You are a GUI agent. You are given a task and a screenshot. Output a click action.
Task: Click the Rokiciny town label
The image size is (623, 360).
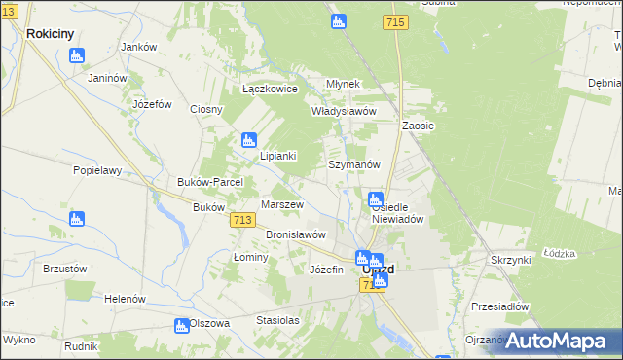click(x=51, y=33)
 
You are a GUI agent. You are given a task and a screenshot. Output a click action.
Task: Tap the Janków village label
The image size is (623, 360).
click(x=138, y=47)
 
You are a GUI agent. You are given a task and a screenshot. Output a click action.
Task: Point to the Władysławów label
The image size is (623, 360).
click(x=343, y=111)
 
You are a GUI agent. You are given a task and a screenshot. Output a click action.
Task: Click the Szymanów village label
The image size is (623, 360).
click(x=353, y=165)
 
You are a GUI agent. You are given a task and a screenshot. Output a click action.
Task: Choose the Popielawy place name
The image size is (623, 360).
click(x=96, y=169)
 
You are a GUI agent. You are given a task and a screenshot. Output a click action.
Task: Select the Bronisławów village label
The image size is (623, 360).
click(x=296, y=234)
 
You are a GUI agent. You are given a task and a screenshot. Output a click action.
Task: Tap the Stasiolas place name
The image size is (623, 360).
click(x=277, y=319)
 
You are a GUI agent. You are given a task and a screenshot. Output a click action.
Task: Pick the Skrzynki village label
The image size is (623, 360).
click(x=510, y=260)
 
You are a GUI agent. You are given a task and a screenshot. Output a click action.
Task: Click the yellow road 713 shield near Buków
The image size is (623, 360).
click(x=244, y=222)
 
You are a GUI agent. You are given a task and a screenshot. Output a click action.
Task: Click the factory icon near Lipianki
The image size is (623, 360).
click(x=248, y=140)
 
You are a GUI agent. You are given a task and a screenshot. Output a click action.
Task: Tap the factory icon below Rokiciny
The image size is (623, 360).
click(x=77, y=55)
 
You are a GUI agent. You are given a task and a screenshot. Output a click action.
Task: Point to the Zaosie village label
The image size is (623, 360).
click(x=418, y=126)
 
